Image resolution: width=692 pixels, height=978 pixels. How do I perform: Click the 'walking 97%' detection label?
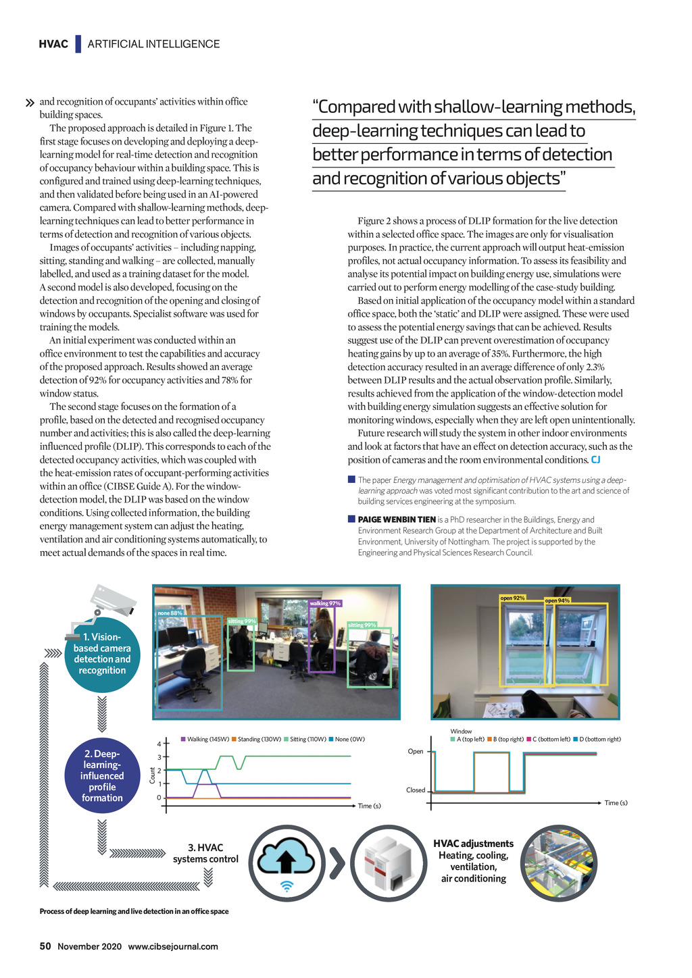pyautogui.click(x=325, y=603)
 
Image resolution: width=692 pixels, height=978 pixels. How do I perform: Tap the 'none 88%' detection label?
pyautogui.click(x=170, y=613)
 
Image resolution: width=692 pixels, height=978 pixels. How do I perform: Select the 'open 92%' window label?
pyautogui.click(x=512, y=598)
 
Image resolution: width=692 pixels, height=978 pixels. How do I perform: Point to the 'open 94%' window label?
pyautogui.click(x=558, y=600)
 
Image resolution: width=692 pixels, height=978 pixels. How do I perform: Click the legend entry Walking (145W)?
pyautogui.click(x=205, y=739)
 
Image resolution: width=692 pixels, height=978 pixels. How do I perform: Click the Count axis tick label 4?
pyautogui.click(x=159, y=744)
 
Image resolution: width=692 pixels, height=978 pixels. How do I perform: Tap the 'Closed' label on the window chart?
pyautogui.click(x=416, y=790)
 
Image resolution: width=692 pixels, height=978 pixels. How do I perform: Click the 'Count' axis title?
pyautogui.click(x=153, y=775)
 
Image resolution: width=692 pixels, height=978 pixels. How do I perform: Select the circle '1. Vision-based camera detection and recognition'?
pyautogui.click(x=102, y=654)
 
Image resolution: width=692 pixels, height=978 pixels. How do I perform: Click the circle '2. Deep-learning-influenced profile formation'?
pyautogui.click(x=102, y=776)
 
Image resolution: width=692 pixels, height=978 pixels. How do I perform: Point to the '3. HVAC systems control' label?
pyautogui.click(x=205, y=853)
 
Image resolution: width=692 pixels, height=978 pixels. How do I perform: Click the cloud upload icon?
pyautogui.click(x=287, y=863)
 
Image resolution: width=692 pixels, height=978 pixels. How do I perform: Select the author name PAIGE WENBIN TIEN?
pyautogui.click(x=397, y=519)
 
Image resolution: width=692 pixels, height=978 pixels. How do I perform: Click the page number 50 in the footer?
pyautogui.click(x=45, y=946)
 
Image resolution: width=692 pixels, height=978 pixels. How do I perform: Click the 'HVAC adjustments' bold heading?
pyautogui.click(x=473, y=844)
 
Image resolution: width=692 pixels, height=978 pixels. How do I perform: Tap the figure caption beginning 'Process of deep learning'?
pyautogui.click(x=134, y=911)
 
